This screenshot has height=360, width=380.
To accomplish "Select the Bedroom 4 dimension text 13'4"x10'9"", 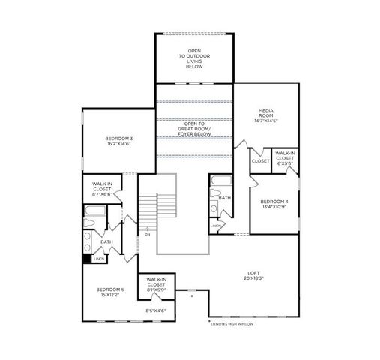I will click(x=274, y=207).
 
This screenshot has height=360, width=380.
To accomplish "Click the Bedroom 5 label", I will click(x=109, y=289).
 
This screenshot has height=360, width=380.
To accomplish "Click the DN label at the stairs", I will click(x=147, y=234).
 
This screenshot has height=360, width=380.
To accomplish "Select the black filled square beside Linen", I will click(x=87, y=260).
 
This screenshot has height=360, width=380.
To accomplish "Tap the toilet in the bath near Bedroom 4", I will click(x=214, y=208).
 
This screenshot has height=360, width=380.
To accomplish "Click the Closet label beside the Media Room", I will click(x=260, y=161).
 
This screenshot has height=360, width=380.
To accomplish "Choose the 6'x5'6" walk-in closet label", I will click(x=285, y=158).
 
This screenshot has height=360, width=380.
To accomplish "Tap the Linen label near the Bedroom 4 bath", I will click(x=215, y=225).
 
